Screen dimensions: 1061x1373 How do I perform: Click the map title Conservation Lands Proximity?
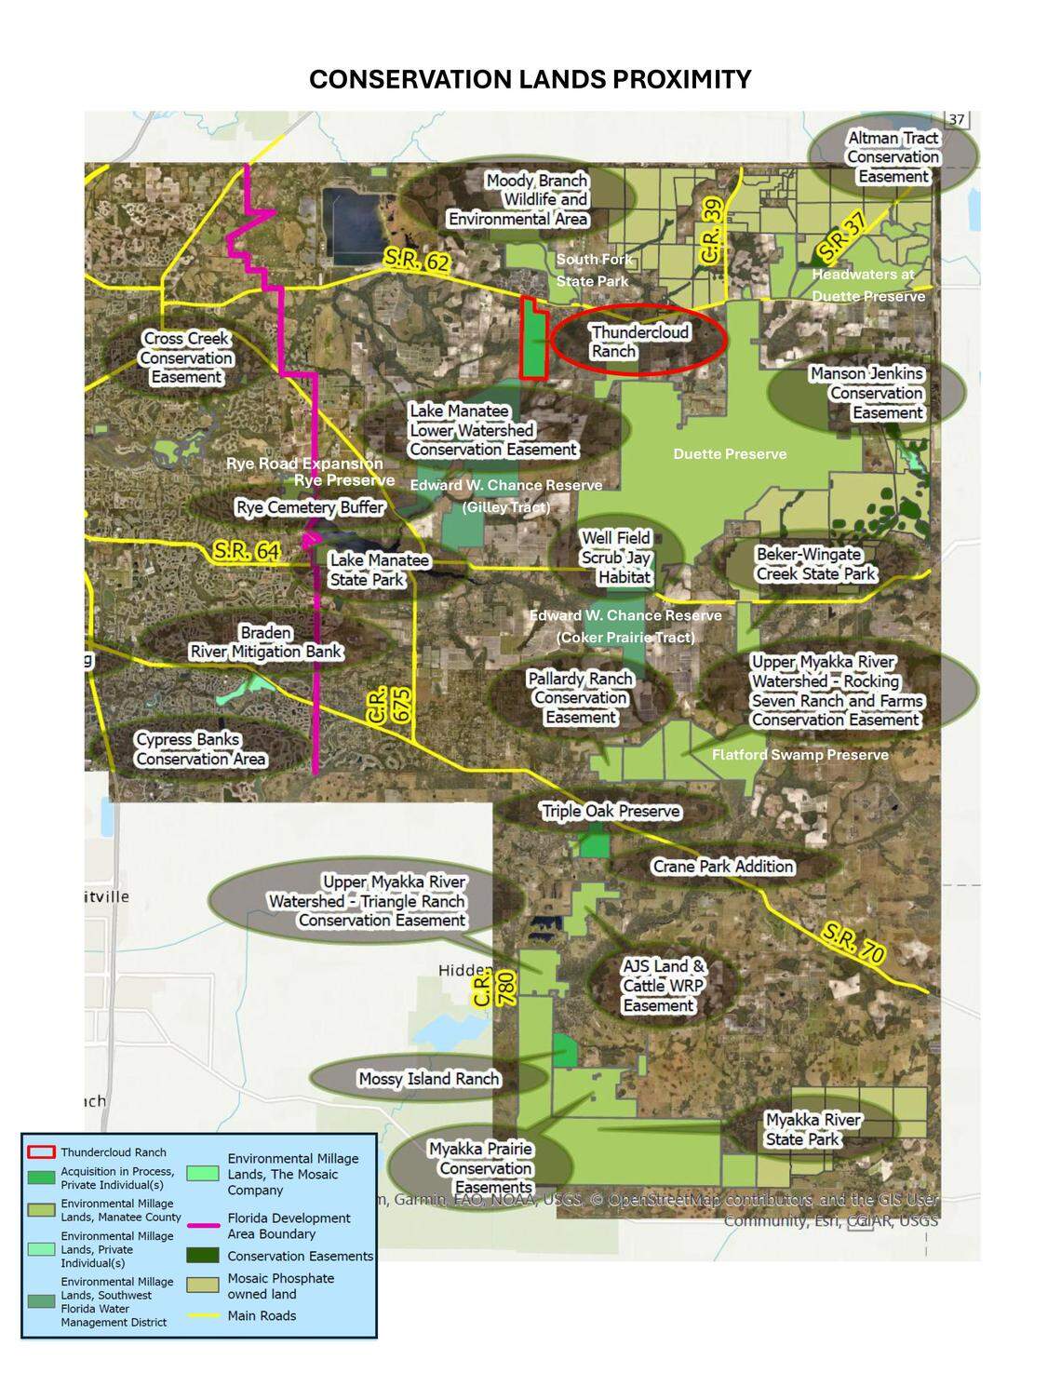pyautogui.click(x=530, y=80)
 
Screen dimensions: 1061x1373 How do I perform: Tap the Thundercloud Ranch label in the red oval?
pyautogui.click(x=639, y=342)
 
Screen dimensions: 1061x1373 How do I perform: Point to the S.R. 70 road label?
pyautogui.click(x=853, y=942)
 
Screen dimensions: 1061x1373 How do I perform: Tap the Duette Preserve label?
pyautogui.click(x=730, y=454)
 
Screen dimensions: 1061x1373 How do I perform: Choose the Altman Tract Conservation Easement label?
pyautogui.click(x=893, y=157)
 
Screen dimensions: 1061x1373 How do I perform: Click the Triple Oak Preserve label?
pyautogui.click(x=611, y=811)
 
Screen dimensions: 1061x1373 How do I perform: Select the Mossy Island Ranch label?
pyautogui.click(x=429, y=1079)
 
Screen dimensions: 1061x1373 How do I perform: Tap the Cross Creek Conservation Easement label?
pyautogui.click(x=186, y=357)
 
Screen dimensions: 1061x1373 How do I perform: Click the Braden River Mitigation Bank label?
pyautogui.click(x=266, y=642)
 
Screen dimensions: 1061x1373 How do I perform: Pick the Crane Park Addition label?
pyautogui.click(x=723, y=867)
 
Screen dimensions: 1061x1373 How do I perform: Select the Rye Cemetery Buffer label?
pyautogui.click(x=310, y=507)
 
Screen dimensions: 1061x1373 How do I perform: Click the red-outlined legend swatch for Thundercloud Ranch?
pyautogui.click(x=42, y=1152)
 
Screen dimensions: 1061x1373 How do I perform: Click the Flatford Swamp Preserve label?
pyautogui.click(x=799, y=755)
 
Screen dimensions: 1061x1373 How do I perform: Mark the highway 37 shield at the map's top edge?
pyautogui.click(x=957, y=119)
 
